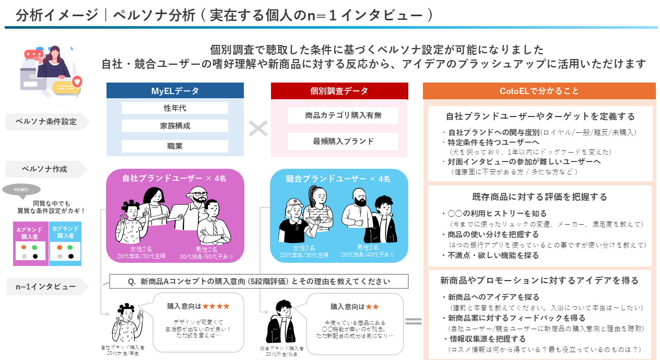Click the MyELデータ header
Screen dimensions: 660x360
pyautogui.click(x=175, y=91)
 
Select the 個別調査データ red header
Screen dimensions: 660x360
pyautogui.click(x=339, y=91)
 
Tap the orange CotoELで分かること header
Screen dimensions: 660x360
pyautogui.click(x=539, y=91)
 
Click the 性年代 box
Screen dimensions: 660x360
pyautogui.click(x=175, y=108)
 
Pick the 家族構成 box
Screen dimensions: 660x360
pyautogui.click(x=175, y=126)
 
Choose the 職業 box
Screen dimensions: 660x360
pyautogui.click(x=175, y=146)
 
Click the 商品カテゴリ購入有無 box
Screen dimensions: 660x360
pyautogui.click(x=343, y=115)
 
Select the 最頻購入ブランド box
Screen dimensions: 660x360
pyautogui.click(x=343, y=141)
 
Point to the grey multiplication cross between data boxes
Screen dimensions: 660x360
pyautogui.click(x=258, y=129)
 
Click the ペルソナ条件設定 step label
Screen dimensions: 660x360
pyautogui.click(x=46, y=122)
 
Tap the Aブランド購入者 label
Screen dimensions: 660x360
pyautogui.click(x=30, y=232)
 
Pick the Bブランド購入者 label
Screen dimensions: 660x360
pyautogui.click(x=65, y=232)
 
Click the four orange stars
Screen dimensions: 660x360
pyautogui.click(x=216, y=306)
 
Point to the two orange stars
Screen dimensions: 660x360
pyautogui.click(x=372, y=306)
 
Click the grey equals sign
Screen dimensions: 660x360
pyautogui.click(x=414, y=321)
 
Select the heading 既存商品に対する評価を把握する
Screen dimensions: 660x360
pyautogui.click(x=540, y=197)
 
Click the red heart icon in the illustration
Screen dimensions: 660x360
pyautogui.click(x=77, y=81)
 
